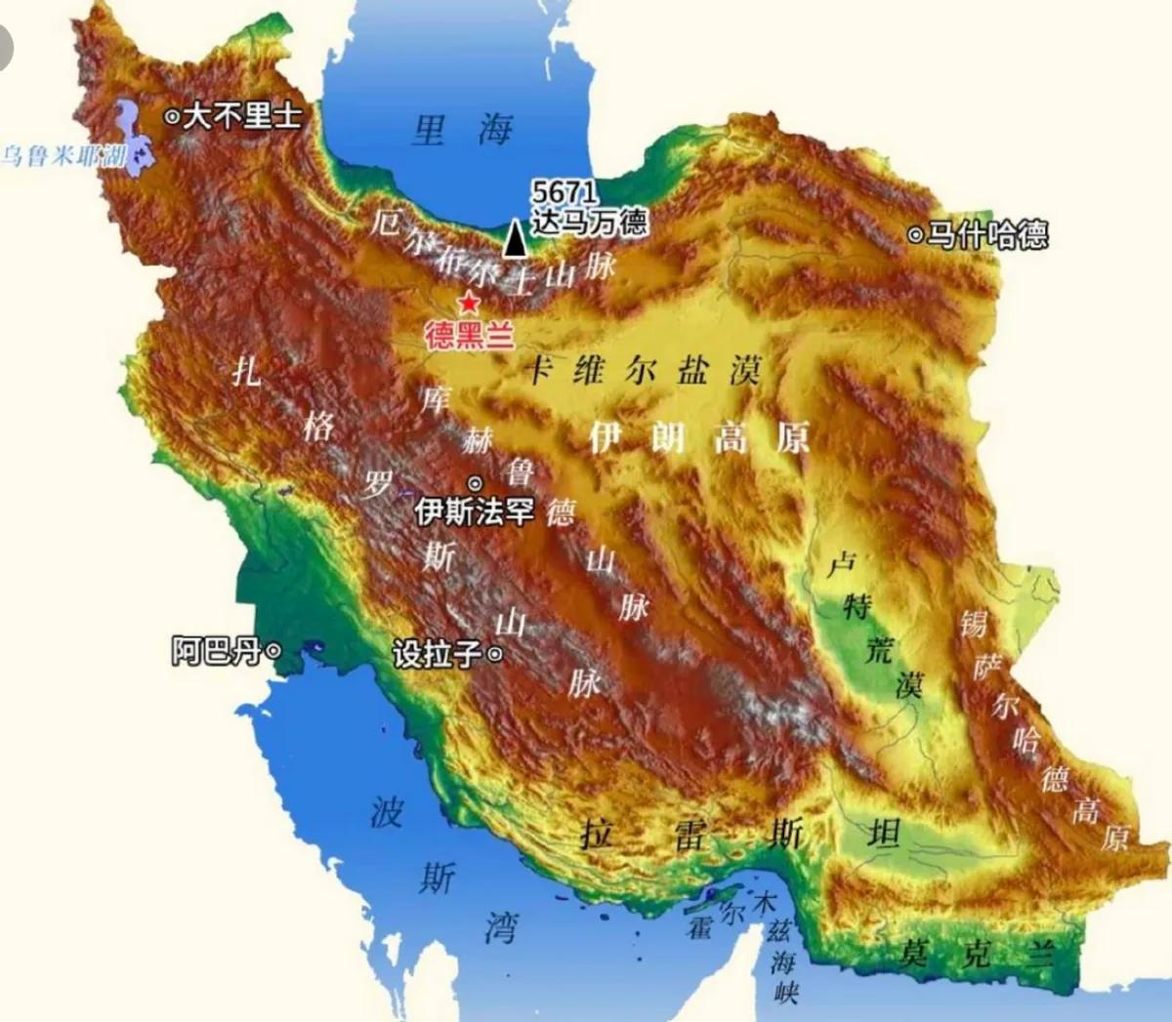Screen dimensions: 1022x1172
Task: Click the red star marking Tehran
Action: point(470,302)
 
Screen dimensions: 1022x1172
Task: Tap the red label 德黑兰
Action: point(470,337)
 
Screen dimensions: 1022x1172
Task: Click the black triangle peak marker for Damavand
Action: point(515,238)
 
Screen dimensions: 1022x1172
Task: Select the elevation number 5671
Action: point(564,192)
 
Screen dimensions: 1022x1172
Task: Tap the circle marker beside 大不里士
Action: point(172,117)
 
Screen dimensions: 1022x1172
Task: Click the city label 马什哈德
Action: point(987,234)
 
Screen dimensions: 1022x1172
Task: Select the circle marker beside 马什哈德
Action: point(915,235)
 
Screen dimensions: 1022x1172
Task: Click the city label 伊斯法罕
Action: point(475,511)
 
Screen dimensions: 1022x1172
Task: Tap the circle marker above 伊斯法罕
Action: point(476,483)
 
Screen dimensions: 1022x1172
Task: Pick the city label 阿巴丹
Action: point(217,651)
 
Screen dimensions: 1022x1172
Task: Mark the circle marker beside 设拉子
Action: point(495,654)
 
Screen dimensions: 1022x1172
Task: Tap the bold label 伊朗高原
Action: point(699,438)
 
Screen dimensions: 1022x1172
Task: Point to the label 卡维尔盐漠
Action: point(645,371)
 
